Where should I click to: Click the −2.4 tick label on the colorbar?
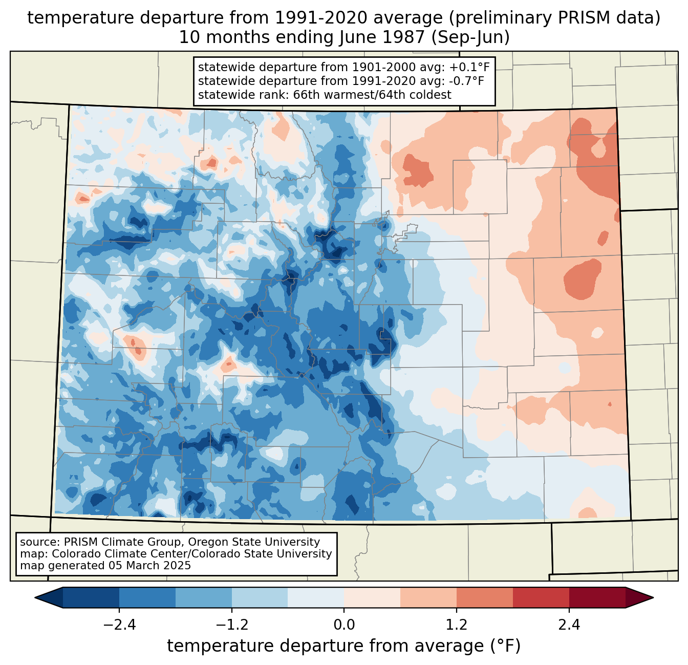pos(119,625)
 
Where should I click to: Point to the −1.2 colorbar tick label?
pos(231,625)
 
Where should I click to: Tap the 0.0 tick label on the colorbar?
pos(344,625)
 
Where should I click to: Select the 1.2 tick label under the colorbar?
pos(457,625)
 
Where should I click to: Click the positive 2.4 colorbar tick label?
pos(569,625)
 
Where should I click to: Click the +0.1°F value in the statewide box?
pos(469,67)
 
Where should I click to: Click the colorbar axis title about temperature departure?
pos(343,647)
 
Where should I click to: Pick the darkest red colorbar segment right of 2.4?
pos(597,597)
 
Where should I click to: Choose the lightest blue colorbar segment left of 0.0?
pos(316,597)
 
